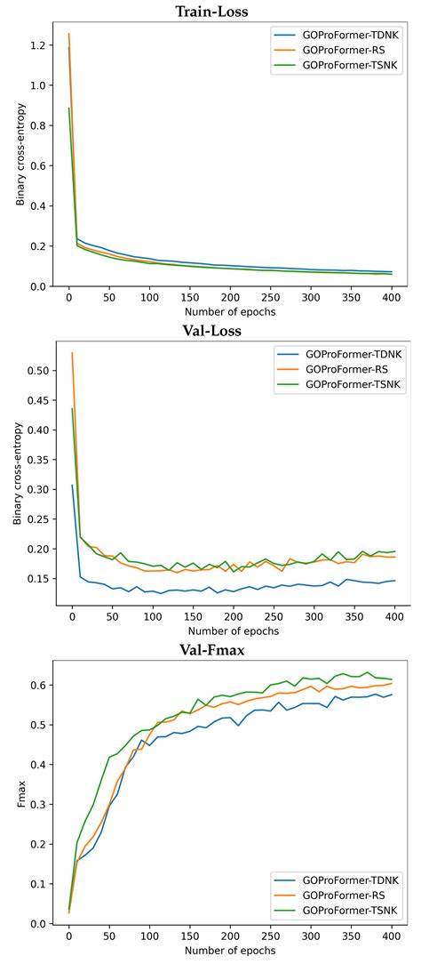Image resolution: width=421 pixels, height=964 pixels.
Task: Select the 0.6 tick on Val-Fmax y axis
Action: click(x=39, y=685)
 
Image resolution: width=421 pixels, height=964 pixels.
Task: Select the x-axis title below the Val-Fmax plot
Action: click(x=229, y=951)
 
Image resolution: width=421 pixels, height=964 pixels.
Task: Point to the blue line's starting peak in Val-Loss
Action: click(x=72, y=486)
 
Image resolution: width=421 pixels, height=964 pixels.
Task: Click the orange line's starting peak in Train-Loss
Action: click(x=68, y=34)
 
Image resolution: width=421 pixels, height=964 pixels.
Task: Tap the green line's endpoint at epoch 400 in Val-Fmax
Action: click(x=391, y=679)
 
